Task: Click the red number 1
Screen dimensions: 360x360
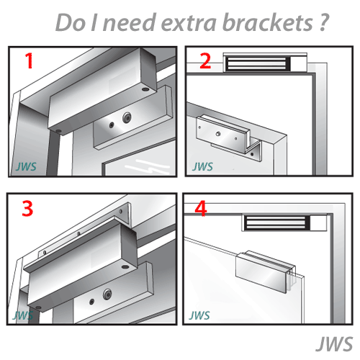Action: click(x=30, y=61)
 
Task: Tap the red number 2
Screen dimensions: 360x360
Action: click(x=205, y=61)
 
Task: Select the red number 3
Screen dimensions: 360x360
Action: click(x=27, y=209)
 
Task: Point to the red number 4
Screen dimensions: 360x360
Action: click(x=201, y=209)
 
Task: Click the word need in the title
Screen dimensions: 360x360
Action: click(x=129, y=22)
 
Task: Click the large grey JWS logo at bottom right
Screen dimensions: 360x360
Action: click(x=334, y=344)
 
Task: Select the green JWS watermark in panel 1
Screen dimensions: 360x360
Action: click(x=26, y=166)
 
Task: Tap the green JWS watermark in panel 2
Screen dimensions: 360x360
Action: click(x=202, y=166)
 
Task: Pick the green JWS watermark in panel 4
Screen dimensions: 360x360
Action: click(x=199, y=315)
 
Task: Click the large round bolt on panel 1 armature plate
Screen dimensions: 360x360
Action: click(x=127, y=117)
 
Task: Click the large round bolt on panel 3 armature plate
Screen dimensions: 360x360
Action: click(x=107, y=294)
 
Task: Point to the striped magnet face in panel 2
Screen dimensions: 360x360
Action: click(x=257, y=64)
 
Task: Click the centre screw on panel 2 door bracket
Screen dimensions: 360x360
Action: click(x=218, y=134)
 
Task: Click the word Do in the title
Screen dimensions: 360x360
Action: click(x=71, y=22)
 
